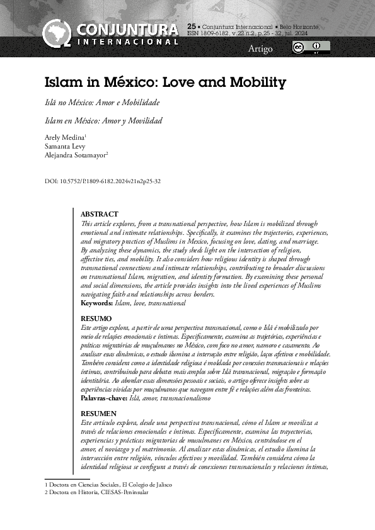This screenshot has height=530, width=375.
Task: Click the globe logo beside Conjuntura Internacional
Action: click(x=57, y=33)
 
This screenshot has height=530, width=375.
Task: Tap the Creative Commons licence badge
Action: click(x=311, y=48)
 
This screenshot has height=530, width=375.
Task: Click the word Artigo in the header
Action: click(x=260, y=48)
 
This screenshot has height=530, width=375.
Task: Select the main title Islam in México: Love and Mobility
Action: click(x=165, y=82)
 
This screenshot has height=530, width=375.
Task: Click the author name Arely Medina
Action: click(x=64, y=137)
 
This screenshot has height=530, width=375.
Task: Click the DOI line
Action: click(x=103, y=181)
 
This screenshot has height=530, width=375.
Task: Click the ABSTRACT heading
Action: click(x=100, y=215)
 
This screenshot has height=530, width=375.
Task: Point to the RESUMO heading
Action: click(x=96, y=319)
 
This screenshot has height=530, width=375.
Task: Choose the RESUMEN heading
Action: click(x=99, y=413)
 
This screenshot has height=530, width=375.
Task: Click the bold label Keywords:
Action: click(x=96, y=303)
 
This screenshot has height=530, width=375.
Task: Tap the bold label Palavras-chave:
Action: click(x=104, y=398)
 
